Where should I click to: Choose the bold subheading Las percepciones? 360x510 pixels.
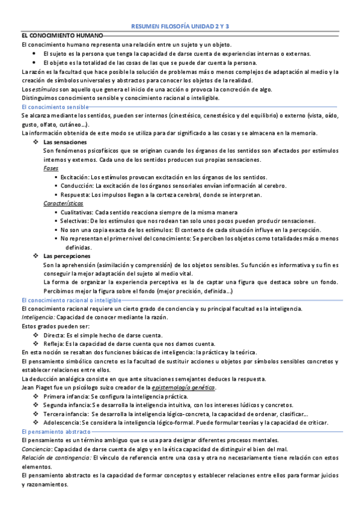point(67,256)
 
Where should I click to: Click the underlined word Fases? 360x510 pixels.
point(51,168)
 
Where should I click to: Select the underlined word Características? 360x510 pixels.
point(63,203)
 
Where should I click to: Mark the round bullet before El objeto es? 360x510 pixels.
point(35,63)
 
